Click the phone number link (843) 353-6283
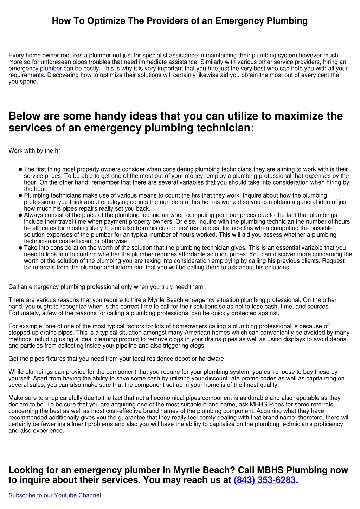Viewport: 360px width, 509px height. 264,480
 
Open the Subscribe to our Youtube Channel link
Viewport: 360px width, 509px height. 54,495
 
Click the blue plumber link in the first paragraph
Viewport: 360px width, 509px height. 51,69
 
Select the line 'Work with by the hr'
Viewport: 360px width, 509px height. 34,151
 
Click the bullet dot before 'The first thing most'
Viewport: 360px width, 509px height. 20,169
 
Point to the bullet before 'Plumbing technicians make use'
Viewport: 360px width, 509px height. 20,195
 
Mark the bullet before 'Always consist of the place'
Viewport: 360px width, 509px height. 20,215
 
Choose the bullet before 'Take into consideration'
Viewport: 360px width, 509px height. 20,248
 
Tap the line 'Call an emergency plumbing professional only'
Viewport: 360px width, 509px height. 105,287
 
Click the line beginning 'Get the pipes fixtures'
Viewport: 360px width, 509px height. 116,359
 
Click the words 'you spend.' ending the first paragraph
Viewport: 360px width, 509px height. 23,82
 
